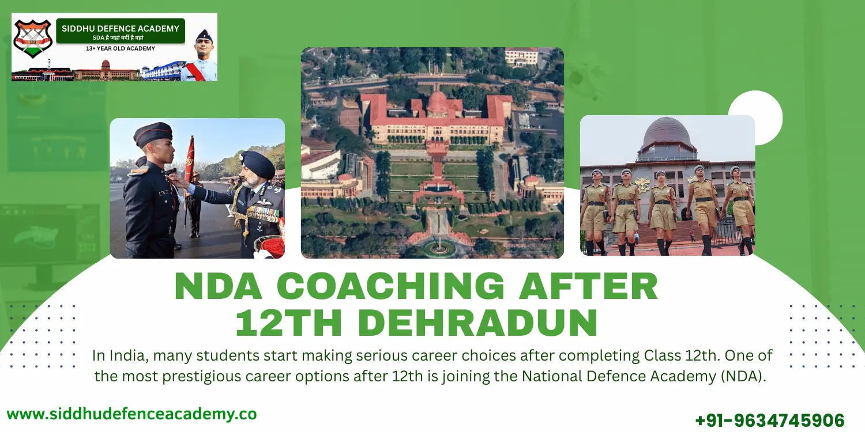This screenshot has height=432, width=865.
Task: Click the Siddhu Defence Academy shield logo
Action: tap(33, 39)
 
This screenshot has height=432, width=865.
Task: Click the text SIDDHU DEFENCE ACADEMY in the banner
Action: tap(121, 28)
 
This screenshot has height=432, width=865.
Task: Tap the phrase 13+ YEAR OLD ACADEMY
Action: tap(121, 48)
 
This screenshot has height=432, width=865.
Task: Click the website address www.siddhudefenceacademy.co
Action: tap(131, 414)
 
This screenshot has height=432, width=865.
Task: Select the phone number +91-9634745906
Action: tap(770, 420)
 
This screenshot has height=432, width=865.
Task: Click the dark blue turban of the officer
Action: tap(257, 164)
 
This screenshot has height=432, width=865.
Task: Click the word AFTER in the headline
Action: tap(600, 286)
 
